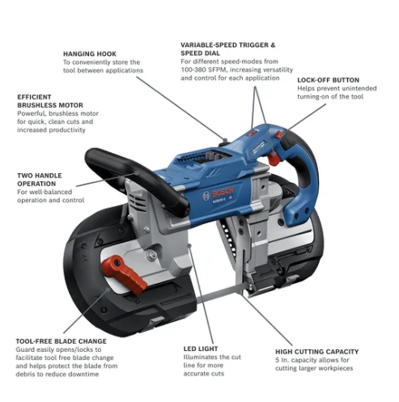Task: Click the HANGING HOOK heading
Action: coord(91,53)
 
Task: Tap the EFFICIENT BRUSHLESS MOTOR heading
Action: coord(50,100)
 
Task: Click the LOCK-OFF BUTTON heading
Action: coord(329,80)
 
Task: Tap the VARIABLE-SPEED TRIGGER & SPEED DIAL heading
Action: coord(228,49)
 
